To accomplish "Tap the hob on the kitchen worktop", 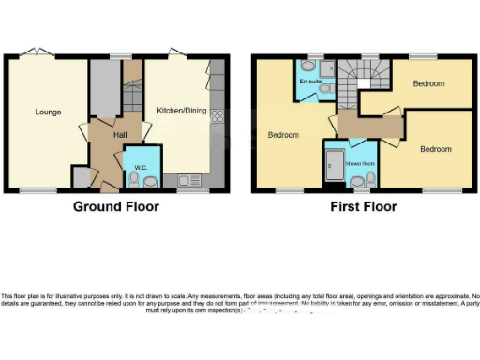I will click(x=218, y=116).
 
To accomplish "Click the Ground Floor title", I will click(x=116, y=206).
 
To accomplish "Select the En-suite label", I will click(x=310, y=82).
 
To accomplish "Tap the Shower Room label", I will click(x=359, y=163).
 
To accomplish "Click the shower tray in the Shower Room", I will click(x=333, y=168).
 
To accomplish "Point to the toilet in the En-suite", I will click(x=326, y=92).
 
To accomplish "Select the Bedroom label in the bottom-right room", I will click(x=435, y=148).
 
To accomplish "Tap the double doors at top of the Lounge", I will click(x=36, y=51).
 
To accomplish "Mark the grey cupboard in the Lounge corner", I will click(x=82, y=176).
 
